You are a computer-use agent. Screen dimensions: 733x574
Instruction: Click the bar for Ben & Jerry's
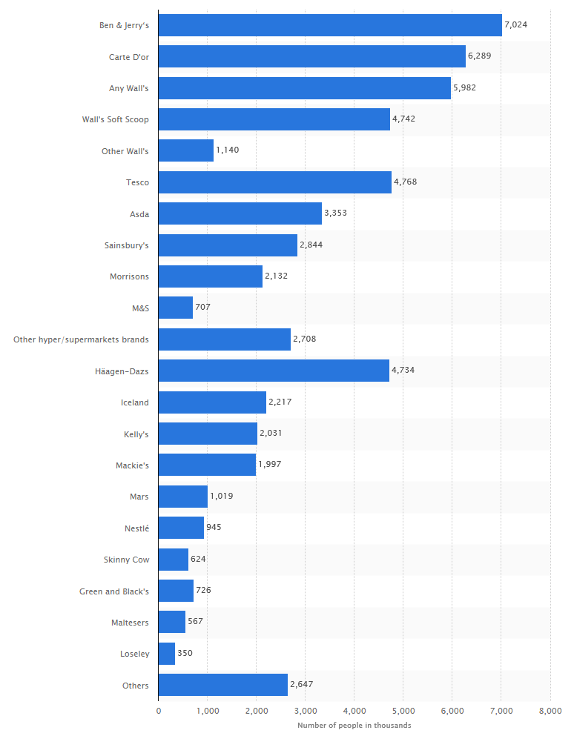pos(330,25)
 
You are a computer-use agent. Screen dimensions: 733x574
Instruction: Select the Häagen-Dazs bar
pos(274,371)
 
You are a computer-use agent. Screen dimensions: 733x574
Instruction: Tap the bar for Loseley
pos(167,654)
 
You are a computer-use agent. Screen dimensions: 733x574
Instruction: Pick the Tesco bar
pos(274,182)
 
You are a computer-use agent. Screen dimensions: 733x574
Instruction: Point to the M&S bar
pos(176,308)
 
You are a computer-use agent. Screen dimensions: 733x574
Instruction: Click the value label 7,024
pos(515,25)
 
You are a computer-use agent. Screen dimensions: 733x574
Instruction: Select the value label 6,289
pos(480,56)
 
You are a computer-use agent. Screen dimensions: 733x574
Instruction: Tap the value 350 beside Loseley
pos(185,654)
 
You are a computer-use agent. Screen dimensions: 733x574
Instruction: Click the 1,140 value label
pos(228,150)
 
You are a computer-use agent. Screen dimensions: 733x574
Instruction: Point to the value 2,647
pos(302,685)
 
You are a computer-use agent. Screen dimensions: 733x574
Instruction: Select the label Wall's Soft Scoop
pos(116,119)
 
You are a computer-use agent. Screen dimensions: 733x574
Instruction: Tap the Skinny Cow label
pos(126,560)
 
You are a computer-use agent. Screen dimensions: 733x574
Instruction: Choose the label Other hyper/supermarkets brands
pos(81,339)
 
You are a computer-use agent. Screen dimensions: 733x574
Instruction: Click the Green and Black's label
pos(114,591)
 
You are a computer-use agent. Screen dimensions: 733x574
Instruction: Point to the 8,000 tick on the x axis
pos(550,711)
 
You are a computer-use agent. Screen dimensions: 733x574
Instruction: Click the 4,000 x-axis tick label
pos(354,711)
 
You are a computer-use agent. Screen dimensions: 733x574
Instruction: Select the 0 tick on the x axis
pos(159,711)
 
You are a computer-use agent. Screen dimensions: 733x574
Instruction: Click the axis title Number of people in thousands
pos(354,725)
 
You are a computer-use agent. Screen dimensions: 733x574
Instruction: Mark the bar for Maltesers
pos(172,622)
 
